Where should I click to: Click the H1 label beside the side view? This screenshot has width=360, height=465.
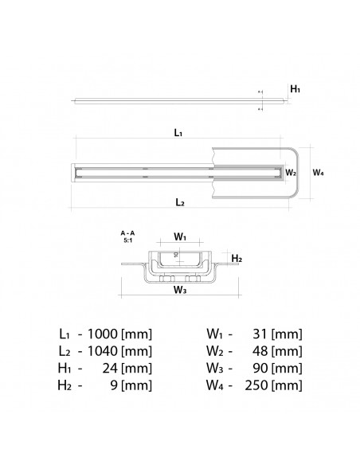click(x=294, y=89)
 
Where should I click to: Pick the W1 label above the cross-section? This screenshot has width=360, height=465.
click(x=180, y=237)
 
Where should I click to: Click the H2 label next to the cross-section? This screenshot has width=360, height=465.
click(x=236, y=259)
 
